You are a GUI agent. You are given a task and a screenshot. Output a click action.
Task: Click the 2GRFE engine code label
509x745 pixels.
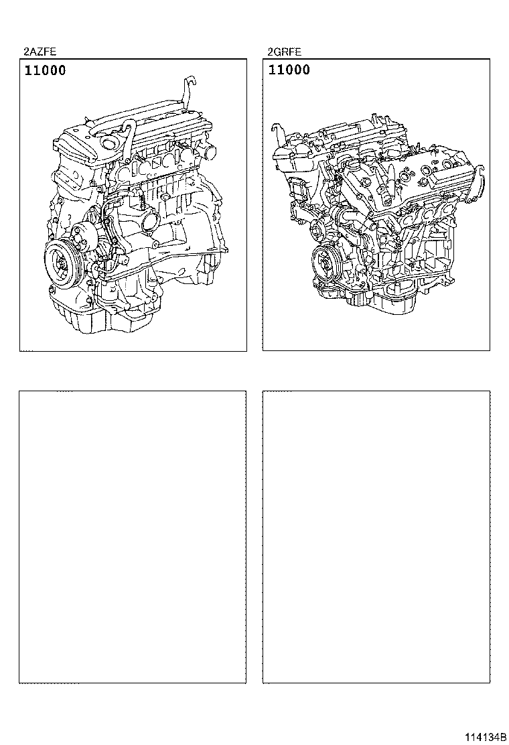285,52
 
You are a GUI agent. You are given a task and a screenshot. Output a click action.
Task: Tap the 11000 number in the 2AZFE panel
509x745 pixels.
45,70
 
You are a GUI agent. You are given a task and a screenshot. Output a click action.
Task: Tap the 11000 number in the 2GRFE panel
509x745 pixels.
289,70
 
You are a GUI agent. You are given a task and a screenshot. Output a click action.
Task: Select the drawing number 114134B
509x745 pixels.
486,736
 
